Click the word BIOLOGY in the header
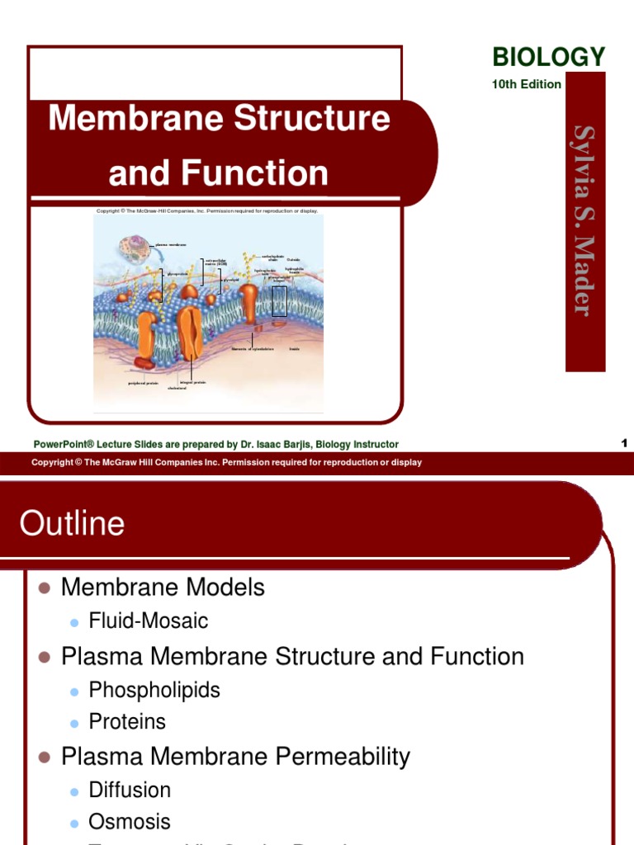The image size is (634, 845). click(548, 57)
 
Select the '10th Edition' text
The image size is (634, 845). click(527, 84)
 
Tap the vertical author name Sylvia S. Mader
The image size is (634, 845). click(584, 220)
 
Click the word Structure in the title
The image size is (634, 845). click(312, 118)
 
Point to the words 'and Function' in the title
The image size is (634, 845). click(219, 173)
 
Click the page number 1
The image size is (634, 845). click(625, 443)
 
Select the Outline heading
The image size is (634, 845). click(72, 523)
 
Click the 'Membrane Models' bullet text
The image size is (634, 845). click(163, 588)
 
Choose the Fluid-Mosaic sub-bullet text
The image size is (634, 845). click(149, 621)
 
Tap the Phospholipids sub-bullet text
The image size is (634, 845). click(154, 690)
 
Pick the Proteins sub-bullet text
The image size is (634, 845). click(127, 722)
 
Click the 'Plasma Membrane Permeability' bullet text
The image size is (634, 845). click(235, 756)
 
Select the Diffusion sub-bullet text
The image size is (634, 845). click(130, 790)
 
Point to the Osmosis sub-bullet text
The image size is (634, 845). click(130, 822)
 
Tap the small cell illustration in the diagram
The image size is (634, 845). click(131, 250)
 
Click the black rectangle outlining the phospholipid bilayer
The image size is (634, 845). click(279, 301)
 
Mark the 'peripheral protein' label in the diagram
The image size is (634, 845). click(143, 383)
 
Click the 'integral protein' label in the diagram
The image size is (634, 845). click(193, 382)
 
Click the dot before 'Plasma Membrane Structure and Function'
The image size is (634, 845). click(45, 658)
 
